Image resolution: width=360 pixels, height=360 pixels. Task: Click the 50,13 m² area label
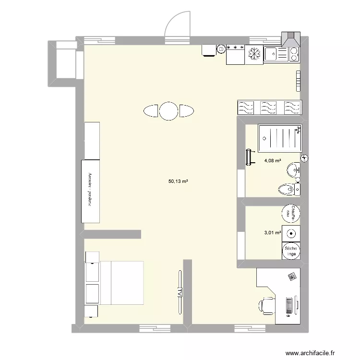(x=178, y=181)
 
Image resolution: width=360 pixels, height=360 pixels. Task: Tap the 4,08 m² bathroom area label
(x=272, y=161)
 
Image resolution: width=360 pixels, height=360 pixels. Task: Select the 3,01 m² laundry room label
(x=272, y=233)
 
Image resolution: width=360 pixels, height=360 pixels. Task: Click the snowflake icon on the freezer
(x=254, y=54)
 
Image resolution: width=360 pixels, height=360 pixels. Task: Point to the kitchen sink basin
(x=270, y=54)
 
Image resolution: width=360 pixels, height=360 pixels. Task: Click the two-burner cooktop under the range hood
(x=293, y=54)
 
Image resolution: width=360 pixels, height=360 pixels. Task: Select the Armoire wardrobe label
(x=90, y=190)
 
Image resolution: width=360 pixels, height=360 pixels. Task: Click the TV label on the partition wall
(x=180, y=291)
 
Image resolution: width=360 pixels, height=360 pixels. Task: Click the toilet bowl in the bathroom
(x=287, y=190)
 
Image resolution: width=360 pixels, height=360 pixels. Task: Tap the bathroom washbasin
(x=293, y=169)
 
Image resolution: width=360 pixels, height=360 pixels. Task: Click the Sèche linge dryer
(x=291, y=250)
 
